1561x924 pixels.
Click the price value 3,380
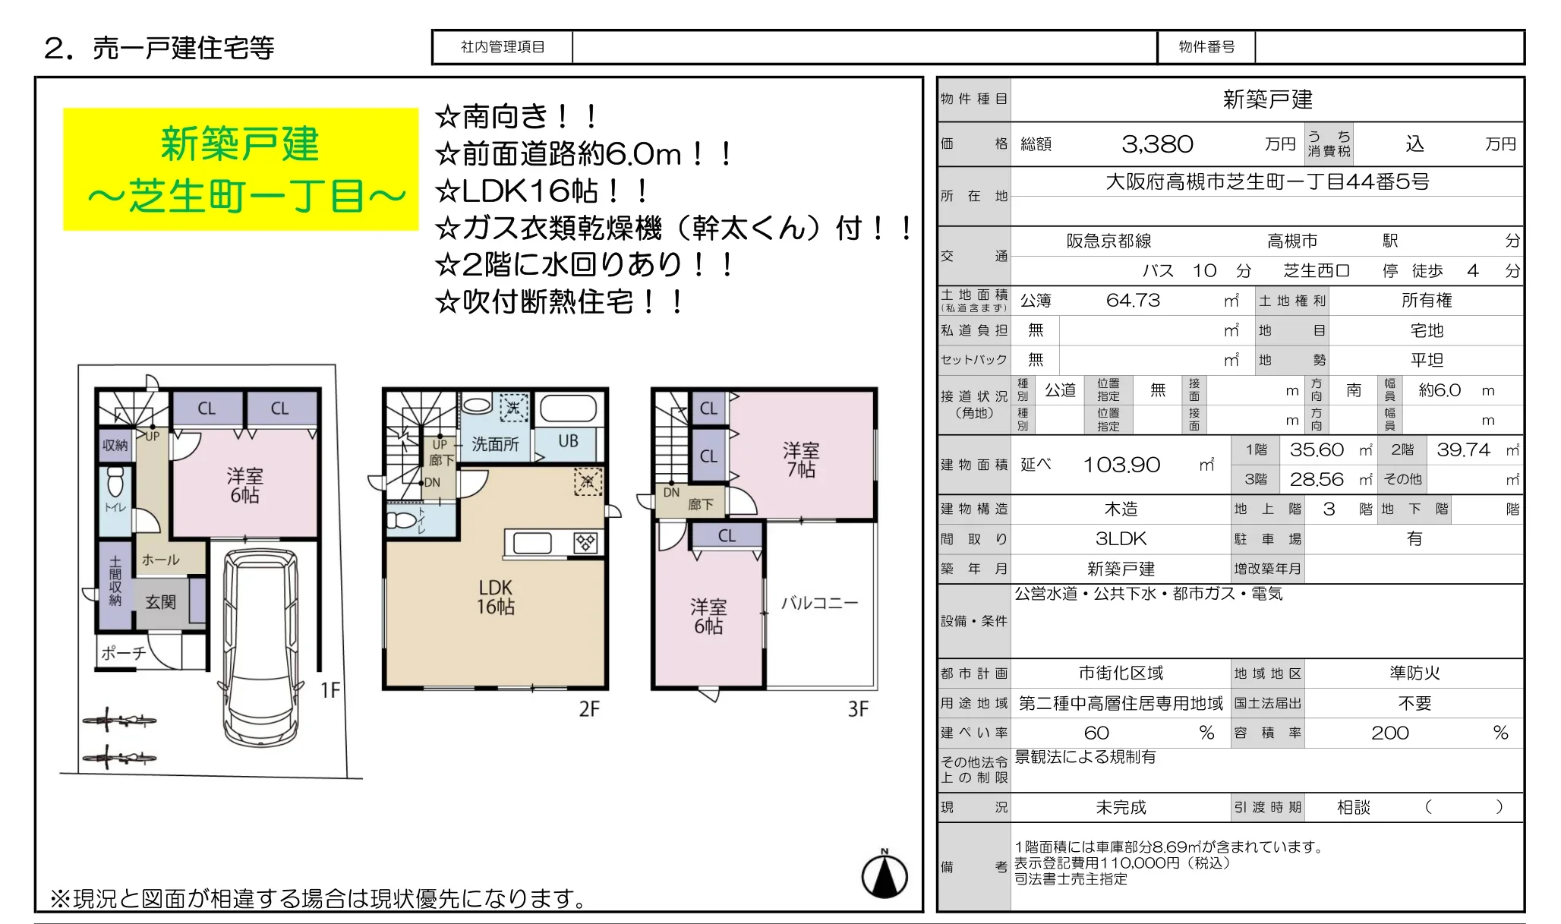click(1156, 144)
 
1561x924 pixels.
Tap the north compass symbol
click(885, 875)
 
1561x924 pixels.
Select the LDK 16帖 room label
click(495, 597)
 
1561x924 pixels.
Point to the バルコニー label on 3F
click(819, 603)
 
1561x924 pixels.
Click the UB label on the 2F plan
click(568, 441)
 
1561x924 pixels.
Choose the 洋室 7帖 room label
click(801, 460)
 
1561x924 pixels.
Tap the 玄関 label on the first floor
click(160, 602)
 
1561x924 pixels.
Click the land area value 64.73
click(1132, 301)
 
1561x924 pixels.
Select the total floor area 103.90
click(1121, 465)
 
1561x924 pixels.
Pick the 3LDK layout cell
click(1121, 539)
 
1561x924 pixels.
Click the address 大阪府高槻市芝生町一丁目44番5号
click(1266, 182)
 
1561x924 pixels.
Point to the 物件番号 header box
click(1206, 47)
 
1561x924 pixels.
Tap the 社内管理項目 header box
click(503, 47)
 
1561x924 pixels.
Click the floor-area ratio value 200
click(1389, 733)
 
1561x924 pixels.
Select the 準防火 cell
click(1414, 673)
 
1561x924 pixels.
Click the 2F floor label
click(588, 709)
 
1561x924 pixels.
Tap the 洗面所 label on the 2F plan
click(495, 444)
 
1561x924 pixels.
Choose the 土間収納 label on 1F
click(115, 581)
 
